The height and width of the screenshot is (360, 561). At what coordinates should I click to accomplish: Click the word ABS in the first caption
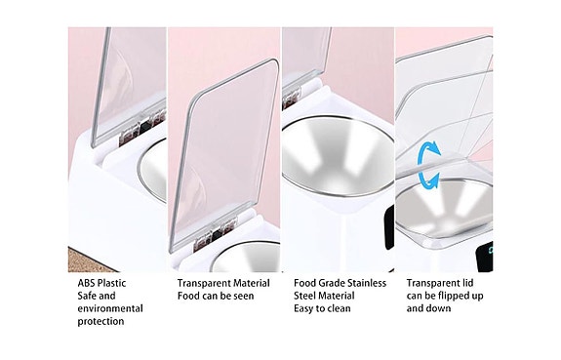[x=86, y=284]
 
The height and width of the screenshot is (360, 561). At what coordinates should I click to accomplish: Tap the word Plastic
[x=111, y=284]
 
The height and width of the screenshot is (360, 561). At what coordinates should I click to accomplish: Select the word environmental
[x=110, y=308]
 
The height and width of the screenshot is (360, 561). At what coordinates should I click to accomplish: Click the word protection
[x=100, y=321]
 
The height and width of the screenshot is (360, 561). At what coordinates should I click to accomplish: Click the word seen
[x=244, y=297]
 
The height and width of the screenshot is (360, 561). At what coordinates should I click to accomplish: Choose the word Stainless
[x=367, y=284]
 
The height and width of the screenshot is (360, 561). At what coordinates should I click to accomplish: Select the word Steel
[x=304, y=296]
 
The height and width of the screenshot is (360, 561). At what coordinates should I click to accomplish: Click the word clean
[x=339, y=308]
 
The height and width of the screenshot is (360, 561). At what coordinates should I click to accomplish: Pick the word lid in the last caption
[x=468, y=283]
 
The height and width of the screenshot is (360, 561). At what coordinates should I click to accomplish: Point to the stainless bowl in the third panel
[x=338, y=156]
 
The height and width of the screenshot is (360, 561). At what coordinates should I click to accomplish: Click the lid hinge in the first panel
[x=142, y=127]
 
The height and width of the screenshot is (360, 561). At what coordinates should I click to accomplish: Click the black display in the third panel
[x=389, y=228]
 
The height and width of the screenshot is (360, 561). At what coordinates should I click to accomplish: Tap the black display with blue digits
[x=485, y=257]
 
